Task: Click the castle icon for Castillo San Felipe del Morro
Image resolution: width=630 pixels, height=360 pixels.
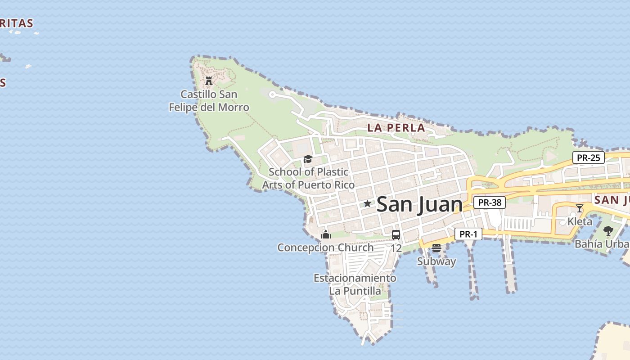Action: point(209,81)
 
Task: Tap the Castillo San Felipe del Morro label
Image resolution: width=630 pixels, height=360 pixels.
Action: point(209,101)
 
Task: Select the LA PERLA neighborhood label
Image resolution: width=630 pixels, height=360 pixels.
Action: point(396,127)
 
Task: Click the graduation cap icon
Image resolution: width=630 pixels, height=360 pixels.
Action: point(308,159)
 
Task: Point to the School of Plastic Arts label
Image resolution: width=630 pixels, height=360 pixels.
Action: point(308,178)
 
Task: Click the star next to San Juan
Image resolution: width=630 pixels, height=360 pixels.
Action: point(367,204)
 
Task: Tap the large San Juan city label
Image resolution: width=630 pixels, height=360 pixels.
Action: point(419,204)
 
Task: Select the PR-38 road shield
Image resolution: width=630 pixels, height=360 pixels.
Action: point(490,202)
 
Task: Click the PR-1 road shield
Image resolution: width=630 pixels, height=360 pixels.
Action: point(468,234)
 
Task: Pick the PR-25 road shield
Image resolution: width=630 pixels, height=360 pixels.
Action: point(588,158)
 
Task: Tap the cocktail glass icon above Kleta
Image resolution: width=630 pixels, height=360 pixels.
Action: point(580,208)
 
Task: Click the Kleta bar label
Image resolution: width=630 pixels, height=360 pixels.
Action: point(580,221)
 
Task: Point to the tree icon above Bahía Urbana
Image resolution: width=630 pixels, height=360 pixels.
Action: point(608,231)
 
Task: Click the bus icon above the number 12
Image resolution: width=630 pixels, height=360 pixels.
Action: point(396,234)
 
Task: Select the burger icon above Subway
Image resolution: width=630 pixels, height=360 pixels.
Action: point(436,248)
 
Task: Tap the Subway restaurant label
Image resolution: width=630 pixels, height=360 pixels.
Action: point(436,261)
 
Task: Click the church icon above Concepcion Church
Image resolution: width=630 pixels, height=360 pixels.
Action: point(326,234)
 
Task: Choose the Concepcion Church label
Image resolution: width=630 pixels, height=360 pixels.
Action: point(325,247)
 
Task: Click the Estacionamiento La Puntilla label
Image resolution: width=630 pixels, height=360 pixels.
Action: point(355,284)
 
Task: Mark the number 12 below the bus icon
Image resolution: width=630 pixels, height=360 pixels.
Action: point(396,248)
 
